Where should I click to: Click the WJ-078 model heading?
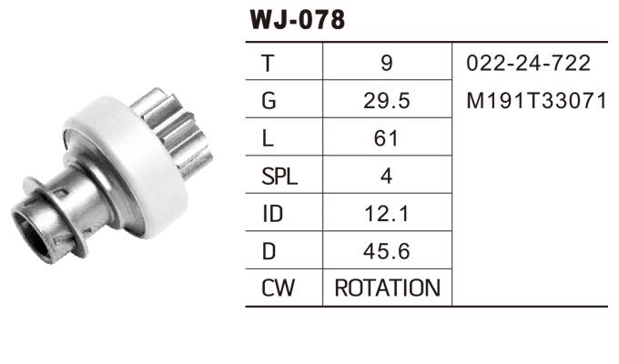(296, 19)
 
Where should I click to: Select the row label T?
(268, 64)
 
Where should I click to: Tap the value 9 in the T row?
(387, 64)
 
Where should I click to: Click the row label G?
(268, 101)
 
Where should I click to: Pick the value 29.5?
(387, 101)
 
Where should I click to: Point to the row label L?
(268, 138)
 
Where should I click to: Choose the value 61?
(387, 138)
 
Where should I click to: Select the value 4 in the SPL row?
(387, 176)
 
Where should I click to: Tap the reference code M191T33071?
(535, 101)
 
